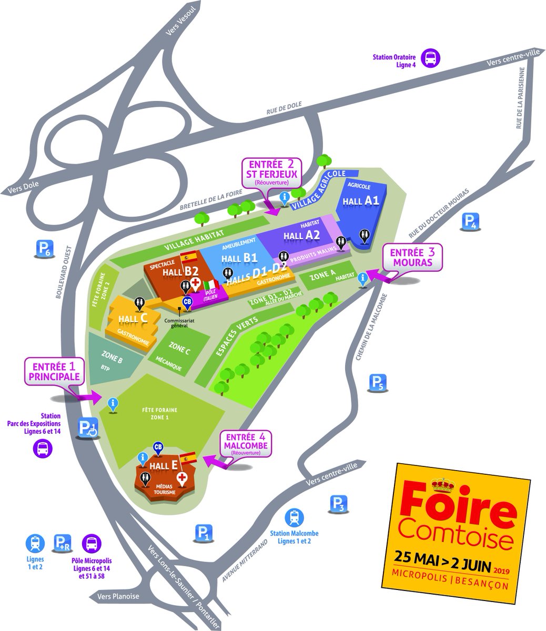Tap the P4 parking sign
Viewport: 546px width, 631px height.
point(470,222)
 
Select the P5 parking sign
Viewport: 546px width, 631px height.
point(379,382)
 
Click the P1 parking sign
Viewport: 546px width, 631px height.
point(203,533)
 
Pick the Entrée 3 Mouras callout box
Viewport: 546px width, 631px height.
point(412,258)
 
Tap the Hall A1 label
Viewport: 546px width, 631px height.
point(361,200)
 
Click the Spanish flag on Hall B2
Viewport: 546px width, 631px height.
point(188,257)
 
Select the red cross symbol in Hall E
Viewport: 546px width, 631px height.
point(183,478)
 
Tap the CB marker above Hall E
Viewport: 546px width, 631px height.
point(158,447)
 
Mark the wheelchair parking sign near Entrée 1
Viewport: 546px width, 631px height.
point(88,428)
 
